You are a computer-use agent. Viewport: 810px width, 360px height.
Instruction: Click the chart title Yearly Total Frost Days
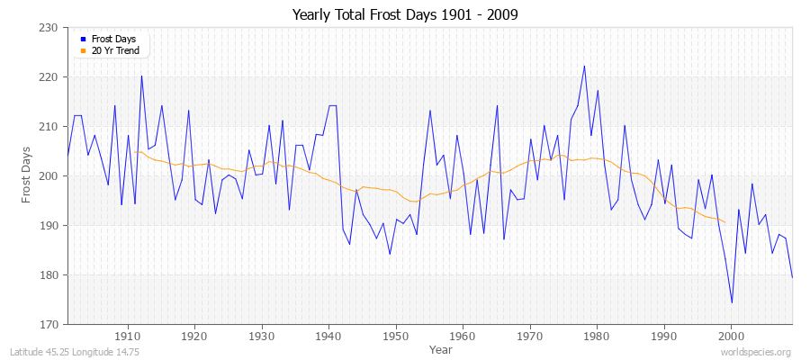click(405, 15)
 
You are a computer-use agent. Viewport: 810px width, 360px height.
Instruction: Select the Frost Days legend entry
click(113, 40)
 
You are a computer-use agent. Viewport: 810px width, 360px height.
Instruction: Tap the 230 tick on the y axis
click(50, 28)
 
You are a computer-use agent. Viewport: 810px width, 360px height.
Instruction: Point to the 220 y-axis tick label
click(50, 77)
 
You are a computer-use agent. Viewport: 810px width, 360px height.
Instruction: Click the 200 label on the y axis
click(50, 176)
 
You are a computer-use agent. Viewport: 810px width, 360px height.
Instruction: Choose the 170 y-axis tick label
click(50, 324)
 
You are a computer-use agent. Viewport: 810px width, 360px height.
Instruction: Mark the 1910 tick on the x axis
click(128, 336)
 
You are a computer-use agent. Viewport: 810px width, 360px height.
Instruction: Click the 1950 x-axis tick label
click(395, 336)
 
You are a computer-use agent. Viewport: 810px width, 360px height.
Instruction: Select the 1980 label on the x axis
click(596, 336)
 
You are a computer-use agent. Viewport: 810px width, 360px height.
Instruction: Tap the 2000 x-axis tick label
click(730, 336)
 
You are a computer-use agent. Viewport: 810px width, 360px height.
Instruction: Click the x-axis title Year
click(441, 348)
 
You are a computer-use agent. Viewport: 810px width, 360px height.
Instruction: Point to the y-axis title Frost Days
click(26, 176)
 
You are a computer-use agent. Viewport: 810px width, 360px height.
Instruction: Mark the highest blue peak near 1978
click(584, 66)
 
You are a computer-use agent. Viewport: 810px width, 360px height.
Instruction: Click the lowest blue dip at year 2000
click(732, 302)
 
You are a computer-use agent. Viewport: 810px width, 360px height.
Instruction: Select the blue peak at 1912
click(141, 76)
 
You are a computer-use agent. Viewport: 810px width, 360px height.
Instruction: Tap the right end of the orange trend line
click(724, 222)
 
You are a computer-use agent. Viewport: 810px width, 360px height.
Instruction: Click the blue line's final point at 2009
click(792, 277)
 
